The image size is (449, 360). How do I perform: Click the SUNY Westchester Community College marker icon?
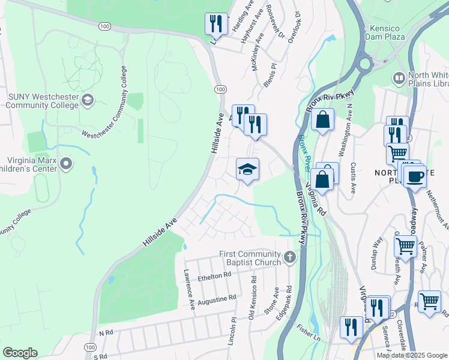[88, 99]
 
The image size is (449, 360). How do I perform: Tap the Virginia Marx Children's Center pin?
[66, 163]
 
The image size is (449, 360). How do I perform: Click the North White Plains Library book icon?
[398, 78]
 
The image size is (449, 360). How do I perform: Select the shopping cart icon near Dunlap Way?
[405, 245]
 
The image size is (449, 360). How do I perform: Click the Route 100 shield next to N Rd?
[90, 347]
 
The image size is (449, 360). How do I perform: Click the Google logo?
[20, 353]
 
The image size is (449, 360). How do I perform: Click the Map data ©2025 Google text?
[412, 355]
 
